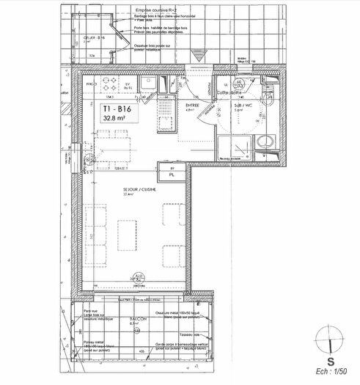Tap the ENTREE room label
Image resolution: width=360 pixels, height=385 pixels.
click(192, 105)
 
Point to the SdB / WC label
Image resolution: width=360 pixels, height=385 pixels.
click(244, 105)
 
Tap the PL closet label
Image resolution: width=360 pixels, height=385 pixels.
click(171, 176)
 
